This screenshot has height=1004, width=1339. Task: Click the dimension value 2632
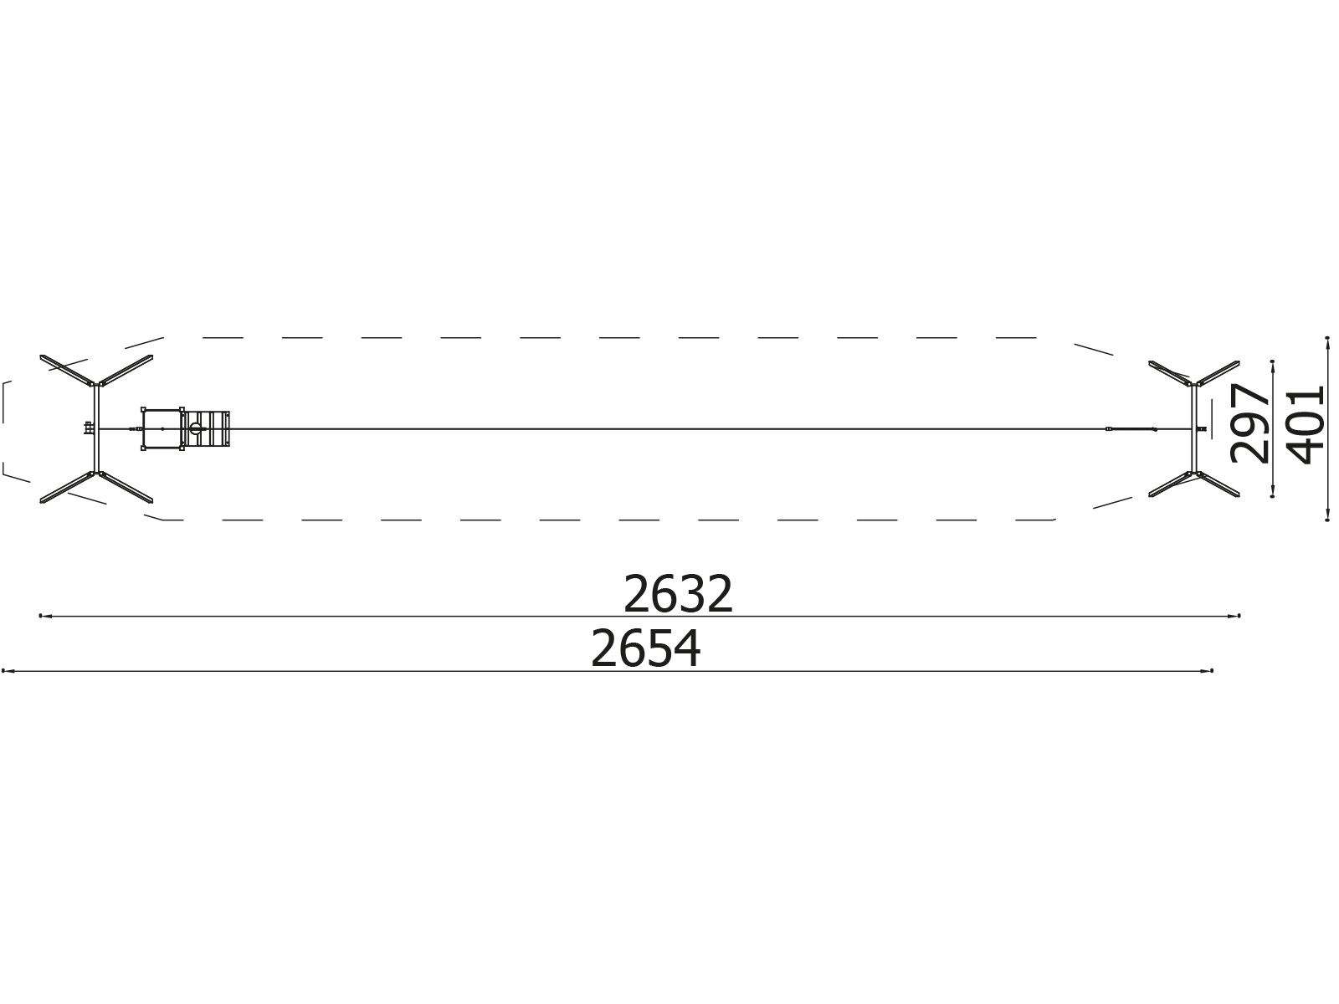click(x=678, y=594)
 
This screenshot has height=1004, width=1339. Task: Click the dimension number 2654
click(x=646, y=649)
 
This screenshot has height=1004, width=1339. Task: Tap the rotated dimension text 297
click(x=1250, y=423)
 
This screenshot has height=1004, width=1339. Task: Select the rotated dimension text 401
click(x=1306, y=425)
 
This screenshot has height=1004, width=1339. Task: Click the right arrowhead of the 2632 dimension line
click(x=1234, y=617)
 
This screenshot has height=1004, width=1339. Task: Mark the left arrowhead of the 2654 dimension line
click(x=8, y=671)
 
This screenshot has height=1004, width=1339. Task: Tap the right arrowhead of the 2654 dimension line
click(x=1207, y=671)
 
